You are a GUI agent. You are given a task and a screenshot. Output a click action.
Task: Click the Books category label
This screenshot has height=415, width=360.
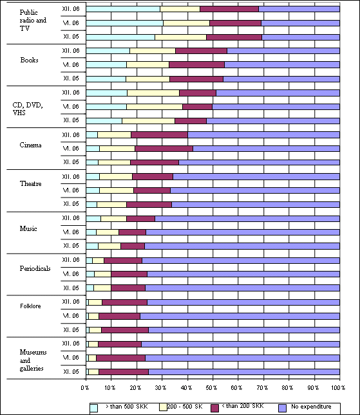click(x=29, y=60)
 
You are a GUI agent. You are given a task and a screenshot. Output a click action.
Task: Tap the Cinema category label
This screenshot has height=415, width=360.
click(x=30, y=145)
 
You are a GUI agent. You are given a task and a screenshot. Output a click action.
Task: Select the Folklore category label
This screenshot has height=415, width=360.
click(x=30, y=306)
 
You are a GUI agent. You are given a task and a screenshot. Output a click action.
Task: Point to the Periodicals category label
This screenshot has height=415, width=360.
click(x=35, y=268)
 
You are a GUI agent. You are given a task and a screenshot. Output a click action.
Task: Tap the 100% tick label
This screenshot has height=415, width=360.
click(x=338, y=388)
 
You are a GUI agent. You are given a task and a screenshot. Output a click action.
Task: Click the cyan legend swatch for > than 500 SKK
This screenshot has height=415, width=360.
click(x=94, y=408)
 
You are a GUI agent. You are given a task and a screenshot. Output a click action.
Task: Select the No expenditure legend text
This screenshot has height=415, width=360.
click(x=311, y=406)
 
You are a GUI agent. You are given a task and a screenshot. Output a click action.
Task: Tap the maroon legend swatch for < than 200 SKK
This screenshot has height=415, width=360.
click(x=215, y=408)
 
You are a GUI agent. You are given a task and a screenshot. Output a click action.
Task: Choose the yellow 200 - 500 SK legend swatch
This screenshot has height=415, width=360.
click(x=163, y=407)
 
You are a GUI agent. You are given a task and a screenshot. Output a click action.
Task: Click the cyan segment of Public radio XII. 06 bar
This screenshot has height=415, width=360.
click(x=123, y=9)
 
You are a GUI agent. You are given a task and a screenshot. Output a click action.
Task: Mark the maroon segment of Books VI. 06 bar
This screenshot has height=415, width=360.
click(x=197, y=64)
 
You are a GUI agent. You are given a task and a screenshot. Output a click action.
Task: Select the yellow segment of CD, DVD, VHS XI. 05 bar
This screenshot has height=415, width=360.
click(x=149, y=121)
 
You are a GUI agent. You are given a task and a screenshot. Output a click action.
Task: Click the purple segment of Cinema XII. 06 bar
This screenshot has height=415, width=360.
click(x=263, y=134)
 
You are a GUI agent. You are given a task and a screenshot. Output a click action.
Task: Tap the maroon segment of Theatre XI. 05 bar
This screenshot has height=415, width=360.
click(x=149, y=205)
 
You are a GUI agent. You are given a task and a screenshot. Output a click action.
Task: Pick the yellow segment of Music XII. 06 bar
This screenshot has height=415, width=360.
click(x=113, y=219)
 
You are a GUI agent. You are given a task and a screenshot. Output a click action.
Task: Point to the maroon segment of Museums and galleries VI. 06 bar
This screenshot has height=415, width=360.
click(x=121, y=358)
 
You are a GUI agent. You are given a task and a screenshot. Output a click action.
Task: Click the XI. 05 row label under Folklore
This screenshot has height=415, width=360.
click(x=71, y=330)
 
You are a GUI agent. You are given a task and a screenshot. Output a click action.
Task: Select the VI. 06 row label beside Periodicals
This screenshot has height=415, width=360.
click(x=71, y=273)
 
